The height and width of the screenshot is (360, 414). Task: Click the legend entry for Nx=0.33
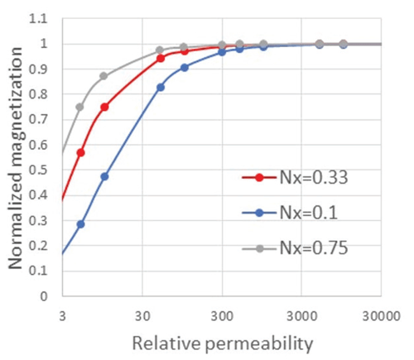pyautogui.click(x=307, y=177)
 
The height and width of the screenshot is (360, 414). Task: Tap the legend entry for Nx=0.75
pyautogui.click(x=307, y=247)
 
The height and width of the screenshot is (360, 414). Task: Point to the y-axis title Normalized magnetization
pyautogui.click(x=16, y=157)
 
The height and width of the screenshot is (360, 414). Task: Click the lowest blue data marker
pyautogui.click(x=80, y=224)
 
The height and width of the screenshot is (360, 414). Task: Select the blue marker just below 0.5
pyautogui.click(x=104, y=176)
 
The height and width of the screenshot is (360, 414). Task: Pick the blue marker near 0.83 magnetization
pyautogui.click(x=161, y=87)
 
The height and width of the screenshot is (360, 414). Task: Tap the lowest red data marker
pyautogui.click(x=80, y=152)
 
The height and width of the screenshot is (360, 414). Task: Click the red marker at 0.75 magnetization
pyautogui.click(x=104, y=107)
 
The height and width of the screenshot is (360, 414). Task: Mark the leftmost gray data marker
pyautogui.click(x=80, y=107)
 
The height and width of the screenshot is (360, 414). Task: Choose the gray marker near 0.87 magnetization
pyautogui.click(x=104, y=76)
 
